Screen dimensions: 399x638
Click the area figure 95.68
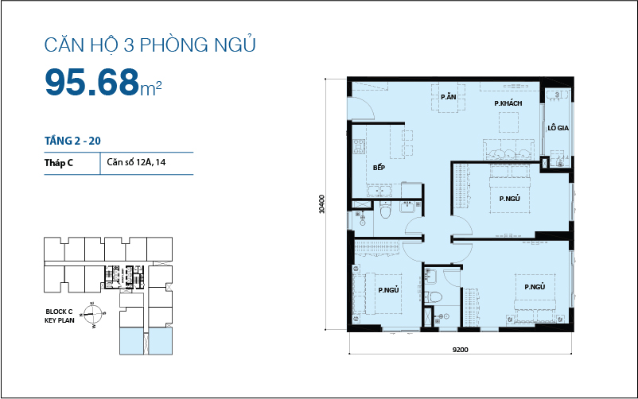coord(92,81)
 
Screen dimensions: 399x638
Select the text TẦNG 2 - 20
coord(72,141)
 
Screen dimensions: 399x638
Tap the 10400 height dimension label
coord(321,204)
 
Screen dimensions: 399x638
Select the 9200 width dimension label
coord(460,349)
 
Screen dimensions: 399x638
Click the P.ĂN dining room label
coord(449,97)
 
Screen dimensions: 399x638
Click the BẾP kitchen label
coord(379,168)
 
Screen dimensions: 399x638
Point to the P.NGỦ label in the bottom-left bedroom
coord(388,290)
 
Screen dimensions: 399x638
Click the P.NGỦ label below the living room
coord(509,199)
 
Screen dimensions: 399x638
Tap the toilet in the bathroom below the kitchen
coord(386,214)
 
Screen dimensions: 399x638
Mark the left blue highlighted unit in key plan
coord(129,341)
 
